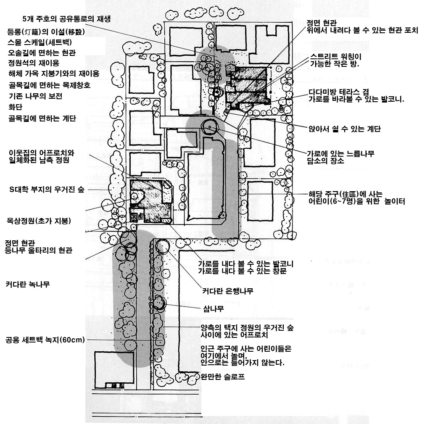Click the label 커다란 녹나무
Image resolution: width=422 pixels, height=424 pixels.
point(28,284)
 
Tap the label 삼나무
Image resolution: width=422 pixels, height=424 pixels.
point(213,309)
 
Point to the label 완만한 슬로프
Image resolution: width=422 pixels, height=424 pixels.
point(222,377)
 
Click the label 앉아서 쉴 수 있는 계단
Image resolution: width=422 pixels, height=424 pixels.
point(344,129)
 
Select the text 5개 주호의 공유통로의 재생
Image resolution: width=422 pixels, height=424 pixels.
point(69,19)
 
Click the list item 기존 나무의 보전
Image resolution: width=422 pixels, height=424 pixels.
point(35,96)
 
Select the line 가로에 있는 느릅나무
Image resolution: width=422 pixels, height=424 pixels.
point(341,154)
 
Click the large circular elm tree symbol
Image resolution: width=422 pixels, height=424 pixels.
point(209,126)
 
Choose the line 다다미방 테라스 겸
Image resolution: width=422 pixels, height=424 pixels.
point(338,92)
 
